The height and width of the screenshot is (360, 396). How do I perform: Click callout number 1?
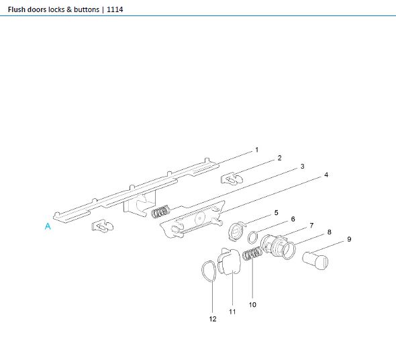coord(256,148)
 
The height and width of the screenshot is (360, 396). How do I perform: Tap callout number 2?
coord(279,159)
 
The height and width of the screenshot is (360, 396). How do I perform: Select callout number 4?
coord(326,175)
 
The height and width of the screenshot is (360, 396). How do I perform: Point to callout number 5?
coord(276,212)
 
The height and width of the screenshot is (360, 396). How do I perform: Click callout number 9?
coord(349,239)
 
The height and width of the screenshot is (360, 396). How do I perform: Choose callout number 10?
coord(253,304)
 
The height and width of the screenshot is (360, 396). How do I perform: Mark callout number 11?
coord(233,312)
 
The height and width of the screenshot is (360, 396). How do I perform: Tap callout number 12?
coord(213,319)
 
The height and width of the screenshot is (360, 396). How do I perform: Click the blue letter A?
coord(48,227)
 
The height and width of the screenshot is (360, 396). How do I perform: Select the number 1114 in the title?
coord(113,10)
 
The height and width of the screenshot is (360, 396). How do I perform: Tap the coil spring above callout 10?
coord(252,255)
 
